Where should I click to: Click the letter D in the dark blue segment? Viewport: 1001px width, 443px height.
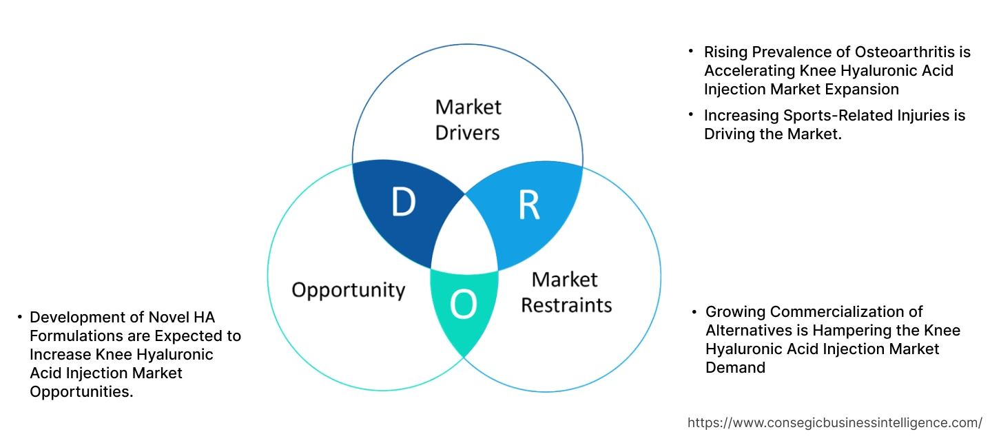click(x=404, y=202)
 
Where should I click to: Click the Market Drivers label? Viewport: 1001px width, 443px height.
click(x=468, y=119)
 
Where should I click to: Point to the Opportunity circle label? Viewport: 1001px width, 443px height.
click(x=348, y=289)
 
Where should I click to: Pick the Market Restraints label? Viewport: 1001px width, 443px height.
click(x=566, y=291)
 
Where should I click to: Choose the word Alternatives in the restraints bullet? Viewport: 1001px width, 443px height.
click(x=749, y=331)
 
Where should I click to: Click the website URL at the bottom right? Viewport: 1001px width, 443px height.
click(x=835, y=422)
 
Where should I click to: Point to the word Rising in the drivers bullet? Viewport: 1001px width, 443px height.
click(x=724, y=52)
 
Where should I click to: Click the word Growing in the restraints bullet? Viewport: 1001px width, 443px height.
click(x=732, y=312)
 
